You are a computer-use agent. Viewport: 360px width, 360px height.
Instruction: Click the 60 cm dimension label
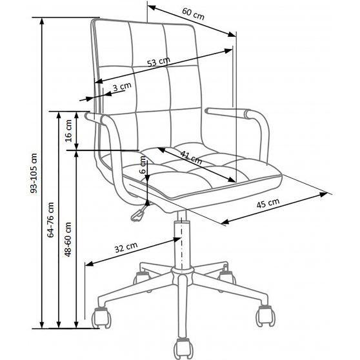[x=193, y=14]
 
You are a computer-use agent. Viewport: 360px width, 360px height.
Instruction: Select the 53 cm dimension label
[x=159, y=61]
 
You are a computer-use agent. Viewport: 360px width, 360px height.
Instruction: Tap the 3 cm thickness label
[x=122, y=86]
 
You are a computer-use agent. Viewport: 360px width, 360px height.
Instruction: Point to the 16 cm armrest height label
[x=68, y=131]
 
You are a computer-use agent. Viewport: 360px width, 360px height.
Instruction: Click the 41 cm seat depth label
[x=191, y=157]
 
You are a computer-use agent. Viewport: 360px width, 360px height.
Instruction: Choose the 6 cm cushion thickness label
[x=143, y=165]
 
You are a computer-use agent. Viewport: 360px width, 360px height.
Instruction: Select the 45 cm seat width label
[x=268, y=203]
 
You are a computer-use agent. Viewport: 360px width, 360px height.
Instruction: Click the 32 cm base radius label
[x=126, y=247]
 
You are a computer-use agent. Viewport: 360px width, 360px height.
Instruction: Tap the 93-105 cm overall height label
[x=34, y=173]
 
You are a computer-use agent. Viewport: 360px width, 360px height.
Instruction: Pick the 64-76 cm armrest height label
[x=50, y=220]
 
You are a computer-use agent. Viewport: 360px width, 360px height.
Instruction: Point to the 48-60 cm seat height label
[x=68, y=239]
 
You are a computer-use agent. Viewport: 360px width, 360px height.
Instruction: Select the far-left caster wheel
[x=102, y=317]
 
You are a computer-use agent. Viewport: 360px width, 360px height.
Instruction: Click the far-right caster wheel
[x=265, y=315]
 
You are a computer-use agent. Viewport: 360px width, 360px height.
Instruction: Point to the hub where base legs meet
[x=183, y=274]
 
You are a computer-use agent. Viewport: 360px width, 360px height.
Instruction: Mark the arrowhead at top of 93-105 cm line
[x=42, y=21]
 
